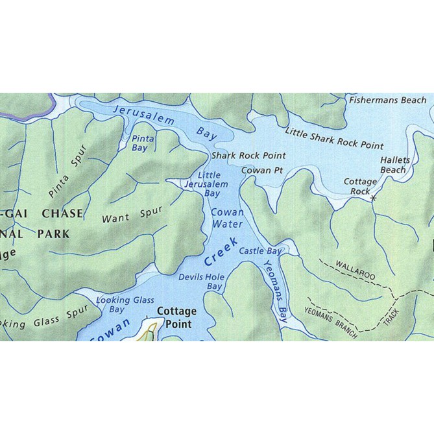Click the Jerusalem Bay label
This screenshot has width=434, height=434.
[164, 123]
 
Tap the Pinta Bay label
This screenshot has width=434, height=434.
[143, 143]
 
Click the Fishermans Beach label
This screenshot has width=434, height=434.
[387, 100]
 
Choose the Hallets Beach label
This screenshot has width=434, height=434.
[393, 165]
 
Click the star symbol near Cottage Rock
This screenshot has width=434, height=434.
[373, 198]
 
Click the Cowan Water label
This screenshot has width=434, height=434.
[227, 218]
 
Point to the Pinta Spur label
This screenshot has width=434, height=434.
[67, 176]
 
